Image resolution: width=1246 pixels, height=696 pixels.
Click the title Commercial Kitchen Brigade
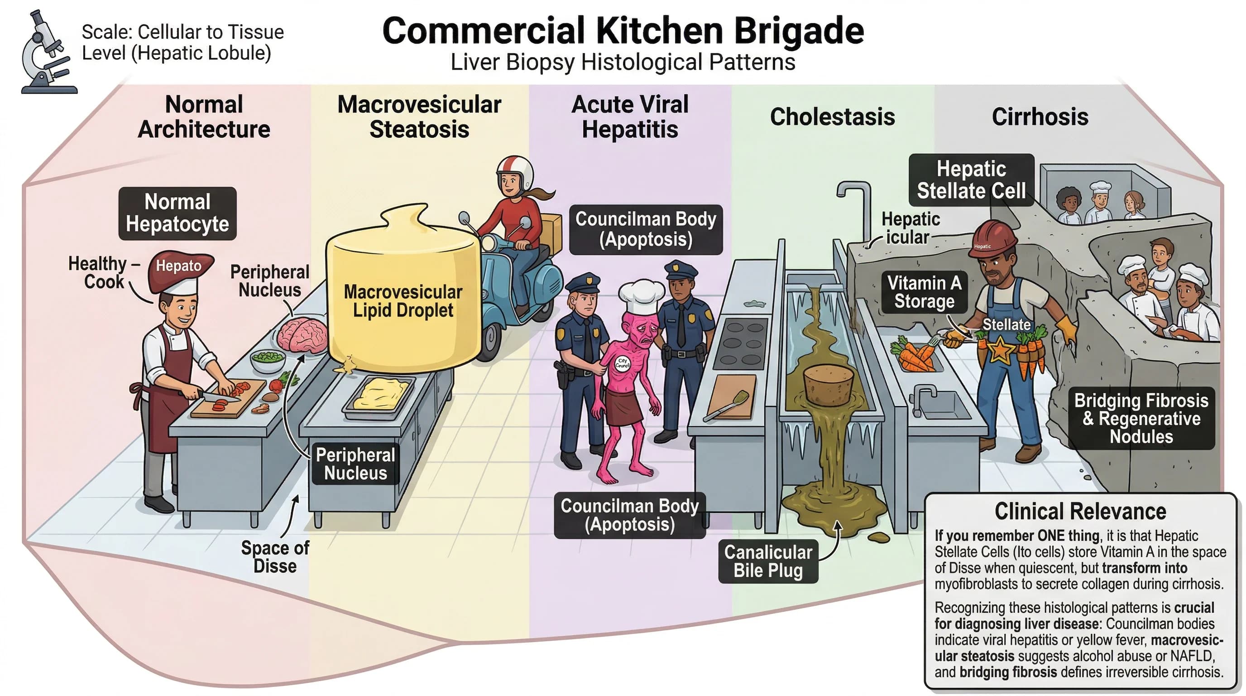coord(623,30)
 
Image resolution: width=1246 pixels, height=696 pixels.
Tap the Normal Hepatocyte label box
coord(177,213)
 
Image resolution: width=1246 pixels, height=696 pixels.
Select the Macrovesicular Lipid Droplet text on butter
coord(403,300)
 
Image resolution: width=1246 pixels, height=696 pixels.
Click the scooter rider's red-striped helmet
coord(515,172)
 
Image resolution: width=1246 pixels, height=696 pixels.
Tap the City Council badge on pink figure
coord(623,363)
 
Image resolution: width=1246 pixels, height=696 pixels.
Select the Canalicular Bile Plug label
coord(767,561)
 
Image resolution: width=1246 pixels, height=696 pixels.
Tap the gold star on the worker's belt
coord(1000,349)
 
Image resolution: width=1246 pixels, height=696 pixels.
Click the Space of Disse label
coord(275,556)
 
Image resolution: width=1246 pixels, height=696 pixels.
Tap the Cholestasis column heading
coord(832,116)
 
